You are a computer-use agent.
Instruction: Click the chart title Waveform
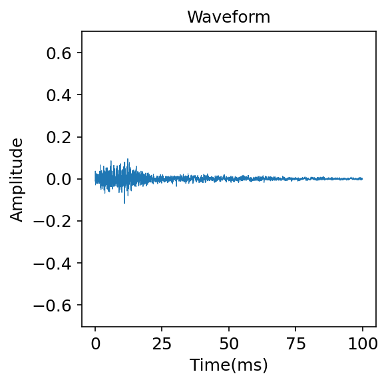[228, 17]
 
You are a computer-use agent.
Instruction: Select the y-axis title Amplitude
[17, 179]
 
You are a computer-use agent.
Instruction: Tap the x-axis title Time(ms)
[228, 365]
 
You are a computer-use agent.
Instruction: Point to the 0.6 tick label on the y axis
[59, 53]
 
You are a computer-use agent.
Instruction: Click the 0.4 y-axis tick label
[59, 95]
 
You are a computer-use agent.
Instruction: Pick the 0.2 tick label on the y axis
[59, 137]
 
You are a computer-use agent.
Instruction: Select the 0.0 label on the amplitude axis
[59, 179]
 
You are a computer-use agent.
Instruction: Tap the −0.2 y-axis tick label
[55, 221]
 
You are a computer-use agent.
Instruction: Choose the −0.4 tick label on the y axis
[55, 263]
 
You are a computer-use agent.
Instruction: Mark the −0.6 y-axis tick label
[55, 305]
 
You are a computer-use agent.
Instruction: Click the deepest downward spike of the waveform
[124, 203]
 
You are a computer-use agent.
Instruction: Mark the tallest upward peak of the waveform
[127, 159]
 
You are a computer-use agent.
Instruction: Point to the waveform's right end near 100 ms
[362, 178]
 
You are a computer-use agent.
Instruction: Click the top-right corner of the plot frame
[376, 31]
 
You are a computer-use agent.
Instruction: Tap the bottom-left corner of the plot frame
[82, 326]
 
